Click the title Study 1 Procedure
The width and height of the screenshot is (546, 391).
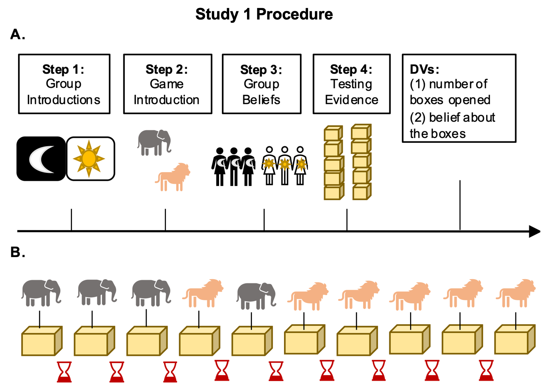[x=264, y=14]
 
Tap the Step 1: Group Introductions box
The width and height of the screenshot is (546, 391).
[x=64, y=84]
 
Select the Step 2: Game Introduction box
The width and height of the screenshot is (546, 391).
[x=168, y=84]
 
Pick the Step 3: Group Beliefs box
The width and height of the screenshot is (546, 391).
[x=262, y=84]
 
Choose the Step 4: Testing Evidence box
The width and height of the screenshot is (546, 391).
[x=352, y=84]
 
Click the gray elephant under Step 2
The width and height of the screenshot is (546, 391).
[x=154, y=142]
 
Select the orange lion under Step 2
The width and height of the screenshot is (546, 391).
[x=173, y=177]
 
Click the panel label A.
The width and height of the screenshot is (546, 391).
[x=18, y=34]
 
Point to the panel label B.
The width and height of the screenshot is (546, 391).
[x=18, y=252]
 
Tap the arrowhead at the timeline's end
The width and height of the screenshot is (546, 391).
[x=534, y=231]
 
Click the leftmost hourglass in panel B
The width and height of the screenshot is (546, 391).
[x=64, y=372]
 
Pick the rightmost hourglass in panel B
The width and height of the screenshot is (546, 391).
[x=486, y=370]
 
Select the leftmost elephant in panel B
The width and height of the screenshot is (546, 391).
[x=41, y=292]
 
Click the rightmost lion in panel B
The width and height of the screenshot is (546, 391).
[x=515, y=293]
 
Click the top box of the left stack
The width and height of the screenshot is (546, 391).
[x=333, y=133]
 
